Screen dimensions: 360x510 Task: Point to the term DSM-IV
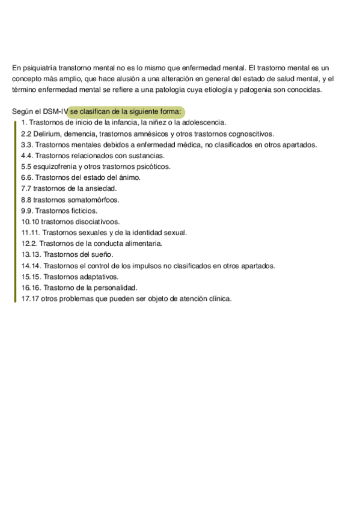point(55,112)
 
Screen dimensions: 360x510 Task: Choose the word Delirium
point(47,134)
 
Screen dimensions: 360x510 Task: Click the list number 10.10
point(31,221)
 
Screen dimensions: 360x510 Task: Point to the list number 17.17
point(30,298)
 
